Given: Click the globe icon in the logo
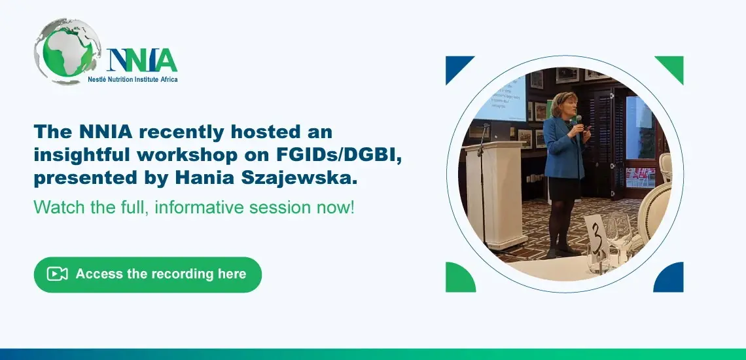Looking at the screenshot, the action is click(67, 52).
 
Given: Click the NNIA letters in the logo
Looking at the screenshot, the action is click(142, 60).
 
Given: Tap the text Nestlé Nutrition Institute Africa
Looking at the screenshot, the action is click(133, 79).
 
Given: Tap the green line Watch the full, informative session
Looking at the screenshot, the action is click(194, 207).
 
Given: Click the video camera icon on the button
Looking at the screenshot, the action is click(57, 274).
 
